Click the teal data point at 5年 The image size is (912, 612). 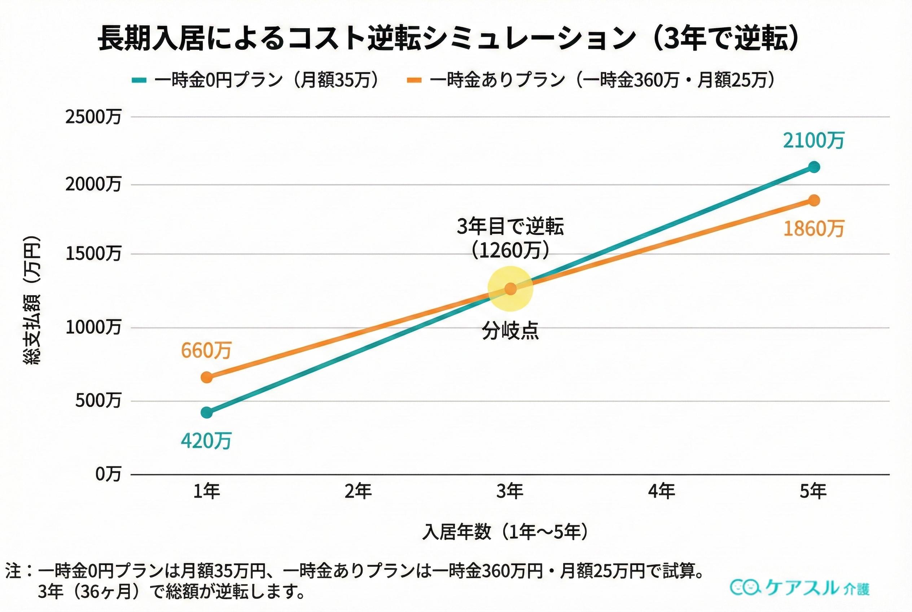pos(814,167)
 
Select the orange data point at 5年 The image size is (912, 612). pos(814,201)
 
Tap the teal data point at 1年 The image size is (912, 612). pos(207,412)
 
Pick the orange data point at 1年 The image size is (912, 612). pos(207,377)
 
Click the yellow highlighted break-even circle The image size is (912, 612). pos(510,289)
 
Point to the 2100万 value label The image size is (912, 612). pos(814,140)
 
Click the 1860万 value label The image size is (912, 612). pos(814,229)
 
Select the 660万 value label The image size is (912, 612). pos(206,350)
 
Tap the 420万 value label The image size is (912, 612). pos(206,441)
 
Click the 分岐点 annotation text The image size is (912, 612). pos(510,331)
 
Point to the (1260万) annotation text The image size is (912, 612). pos(510,250)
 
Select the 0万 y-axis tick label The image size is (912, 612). pos(108,474)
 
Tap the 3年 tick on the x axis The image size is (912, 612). pos(510,491)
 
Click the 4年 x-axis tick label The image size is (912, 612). pos(662,491)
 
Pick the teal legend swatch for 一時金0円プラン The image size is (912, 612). pos(139,80)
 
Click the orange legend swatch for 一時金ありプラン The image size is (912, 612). pos(414,80)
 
